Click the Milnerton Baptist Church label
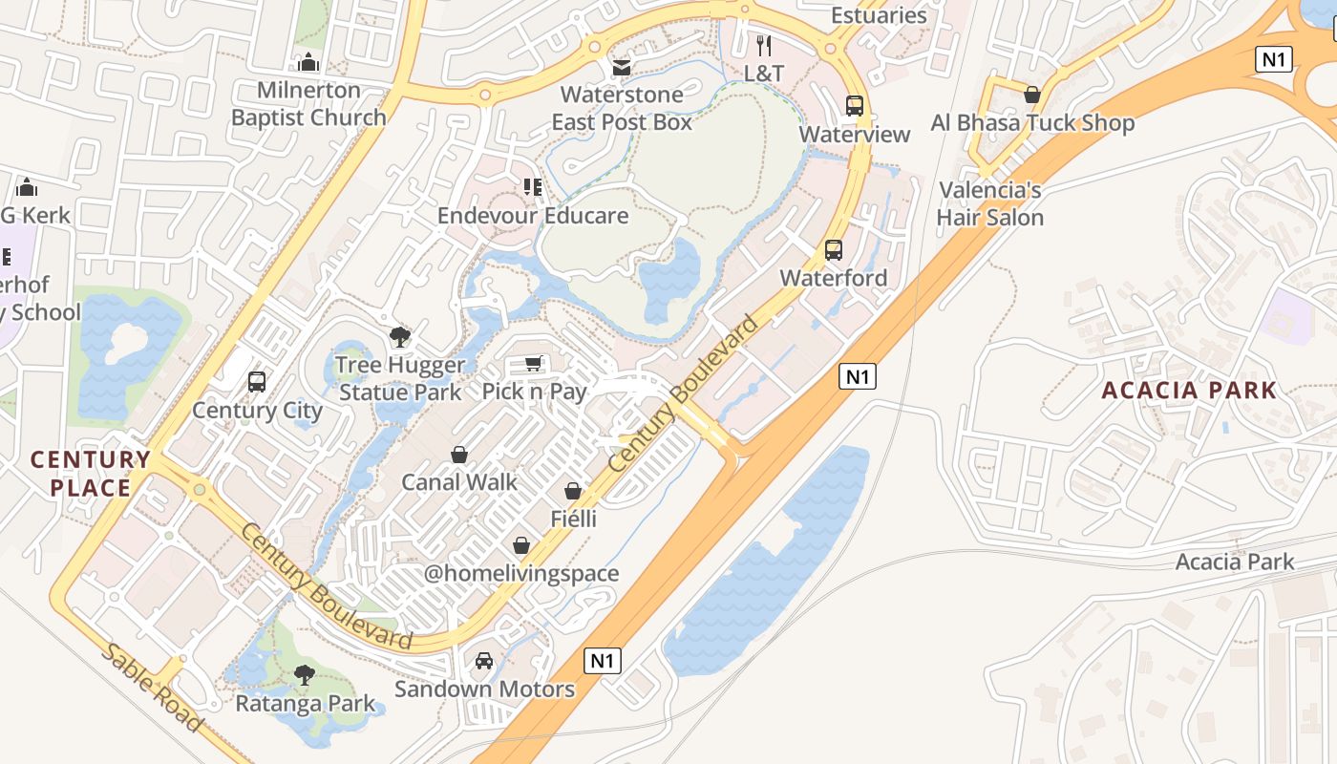pos(308,104)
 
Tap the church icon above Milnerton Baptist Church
pos(308,63)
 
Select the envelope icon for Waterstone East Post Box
pos(622,68)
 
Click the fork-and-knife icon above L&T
pos(764,45)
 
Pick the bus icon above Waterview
pos(855,106)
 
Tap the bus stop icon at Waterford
pos(834,250)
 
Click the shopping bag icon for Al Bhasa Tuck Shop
pos(1032,95)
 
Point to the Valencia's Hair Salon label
pos(989,203)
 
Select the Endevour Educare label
pos(533,216)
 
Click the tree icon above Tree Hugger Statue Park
pos(400,336)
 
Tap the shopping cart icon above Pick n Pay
pos(534,363)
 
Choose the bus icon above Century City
pos(257,382)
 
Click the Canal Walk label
pos(459,482)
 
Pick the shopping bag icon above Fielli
pos(573,491)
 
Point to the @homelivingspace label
pos(521,574)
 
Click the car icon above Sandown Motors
pos(484,661)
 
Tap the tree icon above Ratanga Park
pos(305,675)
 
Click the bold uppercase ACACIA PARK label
pos(1189,390)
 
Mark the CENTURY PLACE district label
pos(91,474)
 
